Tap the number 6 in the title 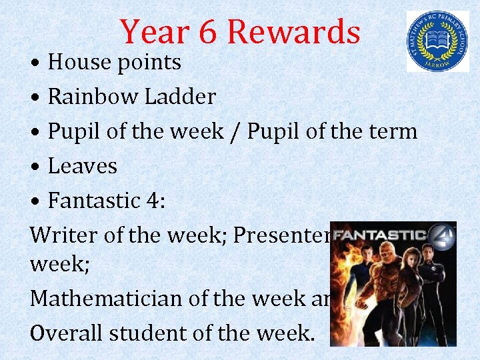[x=208, y=32]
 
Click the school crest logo [x=437, y=41]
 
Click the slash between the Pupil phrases [x=236, y=131]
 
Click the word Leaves [x=83, y=166]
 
